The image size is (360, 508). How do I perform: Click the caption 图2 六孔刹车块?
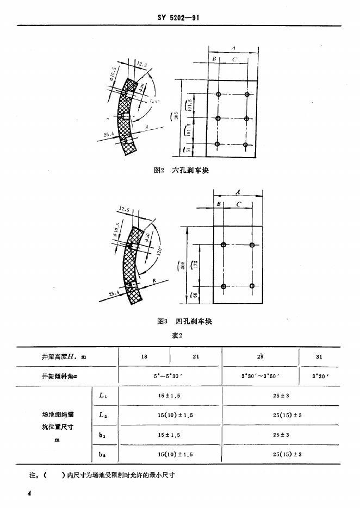[x=182, y=170]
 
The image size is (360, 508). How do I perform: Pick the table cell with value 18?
[x=144, y=356]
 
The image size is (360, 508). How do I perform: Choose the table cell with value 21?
[x=196, y=356]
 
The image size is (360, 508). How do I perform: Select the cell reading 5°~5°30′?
[x=170, y=375]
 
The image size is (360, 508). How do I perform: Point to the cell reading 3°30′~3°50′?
[x=260, y=375]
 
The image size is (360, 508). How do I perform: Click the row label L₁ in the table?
[x=103, y=396]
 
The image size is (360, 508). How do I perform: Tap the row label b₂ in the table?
[x=103, y=454]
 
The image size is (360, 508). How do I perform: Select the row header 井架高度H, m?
[x=64, y=356]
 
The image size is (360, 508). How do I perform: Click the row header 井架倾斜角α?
[x=59, y=375]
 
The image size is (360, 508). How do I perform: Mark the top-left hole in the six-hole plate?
[x=218, y=95]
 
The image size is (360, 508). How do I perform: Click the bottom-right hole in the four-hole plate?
[x=252, y=286]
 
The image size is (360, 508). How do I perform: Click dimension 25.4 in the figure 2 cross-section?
[x=107, y=134]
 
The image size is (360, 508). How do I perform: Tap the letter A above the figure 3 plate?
[x=238, y=191]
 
